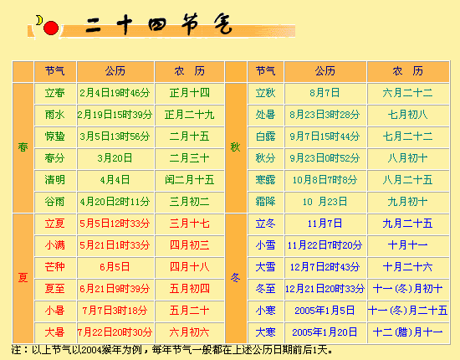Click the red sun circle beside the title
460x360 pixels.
[51, 28]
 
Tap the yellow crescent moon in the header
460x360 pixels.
[39, 20]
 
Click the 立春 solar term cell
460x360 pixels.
[55, 93]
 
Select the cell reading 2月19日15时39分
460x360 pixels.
[115, 115]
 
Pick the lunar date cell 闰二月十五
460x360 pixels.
[190, 180]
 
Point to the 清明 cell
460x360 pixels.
[55, 180]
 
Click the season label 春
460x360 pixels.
[23, 147]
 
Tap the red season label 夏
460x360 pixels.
[23, 277]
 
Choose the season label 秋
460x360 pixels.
[235, 147]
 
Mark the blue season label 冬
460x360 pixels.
[235, 277]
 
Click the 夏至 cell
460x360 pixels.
[55, 289]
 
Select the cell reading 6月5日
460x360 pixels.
[115, 267]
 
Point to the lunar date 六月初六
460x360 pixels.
[190, 332]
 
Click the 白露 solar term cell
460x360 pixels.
[265, 136]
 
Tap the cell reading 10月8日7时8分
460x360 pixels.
[325, 180]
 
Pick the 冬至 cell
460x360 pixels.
[265, 289]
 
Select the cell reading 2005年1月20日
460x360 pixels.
[325, 332]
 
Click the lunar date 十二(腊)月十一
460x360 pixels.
[408, 332]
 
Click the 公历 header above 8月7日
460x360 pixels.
[325, 71]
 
